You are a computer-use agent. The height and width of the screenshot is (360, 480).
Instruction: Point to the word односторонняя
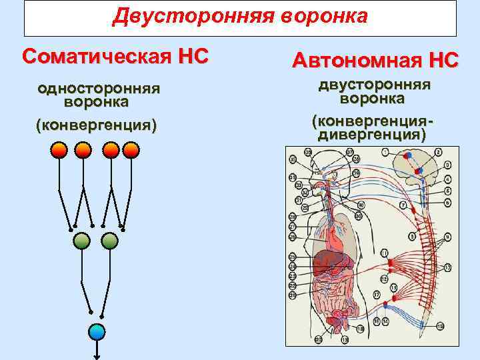click(97, 89)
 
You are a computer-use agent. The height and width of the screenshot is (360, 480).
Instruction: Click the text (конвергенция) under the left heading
click(97, 125)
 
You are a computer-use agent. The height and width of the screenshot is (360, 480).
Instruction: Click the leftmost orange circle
click(59, 150)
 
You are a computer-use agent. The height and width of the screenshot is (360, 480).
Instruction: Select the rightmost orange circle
click(131, 150)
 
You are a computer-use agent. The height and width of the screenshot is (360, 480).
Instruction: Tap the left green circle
click(81, 241)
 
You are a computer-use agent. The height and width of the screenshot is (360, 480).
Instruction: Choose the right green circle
click(109, 241)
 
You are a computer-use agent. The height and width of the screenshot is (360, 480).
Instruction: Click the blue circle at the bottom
click(97, 331)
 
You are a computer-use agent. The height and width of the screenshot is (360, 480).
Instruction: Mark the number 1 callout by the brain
click(385, 153)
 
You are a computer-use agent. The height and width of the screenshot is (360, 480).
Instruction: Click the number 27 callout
click(292, 226)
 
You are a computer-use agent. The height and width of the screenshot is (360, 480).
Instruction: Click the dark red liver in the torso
click(328, 261)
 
